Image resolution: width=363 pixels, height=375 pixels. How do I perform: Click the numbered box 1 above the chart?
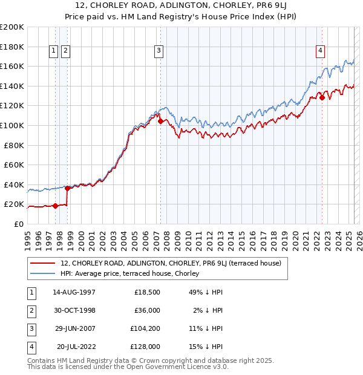[54, 51]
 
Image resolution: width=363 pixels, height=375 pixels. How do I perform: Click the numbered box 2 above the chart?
[65, 51]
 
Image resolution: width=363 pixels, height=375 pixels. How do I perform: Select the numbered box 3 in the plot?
[159, 51]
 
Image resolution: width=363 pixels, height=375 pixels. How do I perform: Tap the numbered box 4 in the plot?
[319, 51]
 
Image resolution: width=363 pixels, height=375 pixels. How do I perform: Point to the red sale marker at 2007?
[160, 121]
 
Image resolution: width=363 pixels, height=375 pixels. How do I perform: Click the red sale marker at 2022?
[322, 97]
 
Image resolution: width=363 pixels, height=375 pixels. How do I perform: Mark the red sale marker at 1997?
[55, 206]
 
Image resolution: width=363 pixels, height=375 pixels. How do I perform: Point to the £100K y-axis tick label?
[11, 125]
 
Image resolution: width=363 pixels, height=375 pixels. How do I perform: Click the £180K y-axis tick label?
[11, 47]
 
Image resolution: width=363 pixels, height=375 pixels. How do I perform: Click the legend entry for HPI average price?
[134, 273]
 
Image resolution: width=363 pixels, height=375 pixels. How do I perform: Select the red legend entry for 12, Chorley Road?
[171, 263]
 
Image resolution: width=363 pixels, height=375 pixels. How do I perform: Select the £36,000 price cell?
[147, 310]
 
